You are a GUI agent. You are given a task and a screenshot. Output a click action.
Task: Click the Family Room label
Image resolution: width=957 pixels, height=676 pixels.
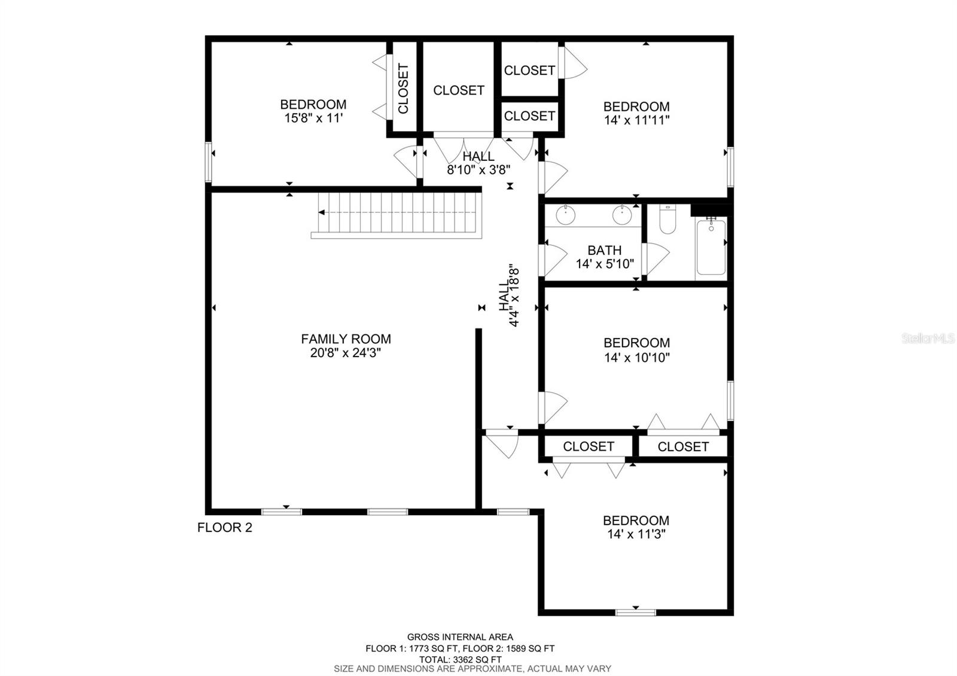[346, 339]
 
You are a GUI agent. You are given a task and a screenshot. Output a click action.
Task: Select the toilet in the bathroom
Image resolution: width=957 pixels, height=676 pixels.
[667, 220]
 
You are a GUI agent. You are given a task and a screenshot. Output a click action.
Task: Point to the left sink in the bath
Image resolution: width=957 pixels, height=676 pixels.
[565, 214]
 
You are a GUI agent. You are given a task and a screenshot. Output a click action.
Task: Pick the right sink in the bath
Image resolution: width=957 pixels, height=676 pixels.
[622, 214]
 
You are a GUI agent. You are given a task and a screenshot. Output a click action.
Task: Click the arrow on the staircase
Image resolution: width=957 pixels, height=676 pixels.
[322, 212]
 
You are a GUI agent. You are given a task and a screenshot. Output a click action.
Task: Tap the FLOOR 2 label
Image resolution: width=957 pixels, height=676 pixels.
[225, 528]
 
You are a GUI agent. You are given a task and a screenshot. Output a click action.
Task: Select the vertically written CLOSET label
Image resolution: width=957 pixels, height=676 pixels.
[403, 89]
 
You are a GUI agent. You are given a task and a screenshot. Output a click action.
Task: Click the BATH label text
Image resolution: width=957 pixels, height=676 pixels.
[604, 251]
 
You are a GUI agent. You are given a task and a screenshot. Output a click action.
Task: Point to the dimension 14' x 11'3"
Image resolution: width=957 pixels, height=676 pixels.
[636, 534]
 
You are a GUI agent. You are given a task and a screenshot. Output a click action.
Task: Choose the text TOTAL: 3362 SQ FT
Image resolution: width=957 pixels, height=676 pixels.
[460, 659]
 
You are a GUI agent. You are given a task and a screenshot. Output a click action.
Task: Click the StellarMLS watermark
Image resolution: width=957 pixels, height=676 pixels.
[928, 339]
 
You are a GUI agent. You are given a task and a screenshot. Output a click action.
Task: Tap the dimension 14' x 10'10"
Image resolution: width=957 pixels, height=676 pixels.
[636, 358]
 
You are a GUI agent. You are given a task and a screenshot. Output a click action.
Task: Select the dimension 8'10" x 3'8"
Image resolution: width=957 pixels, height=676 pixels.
[478, 169]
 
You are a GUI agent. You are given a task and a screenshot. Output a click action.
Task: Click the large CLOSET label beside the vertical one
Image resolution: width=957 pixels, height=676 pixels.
[459, 90]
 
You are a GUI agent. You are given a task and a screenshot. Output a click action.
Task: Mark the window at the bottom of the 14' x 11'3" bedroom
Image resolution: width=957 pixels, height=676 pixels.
[635, 612]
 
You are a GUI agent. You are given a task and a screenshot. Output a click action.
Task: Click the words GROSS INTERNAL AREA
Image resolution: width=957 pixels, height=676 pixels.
[460, 637]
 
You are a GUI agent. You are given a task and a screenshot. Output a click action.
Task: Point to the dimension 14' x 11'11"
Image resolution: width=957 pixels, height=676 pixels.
[636, 120]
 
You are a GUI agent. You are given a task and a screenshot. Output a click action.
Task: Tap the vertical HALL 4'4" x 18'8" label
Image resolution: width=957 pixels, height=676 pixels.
[510, 296]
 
